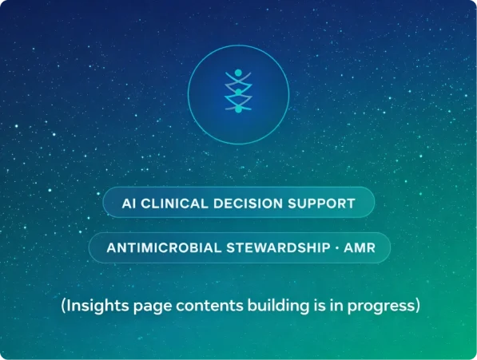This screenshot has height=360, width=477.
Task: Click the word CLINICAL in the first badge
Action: tap(174, 204)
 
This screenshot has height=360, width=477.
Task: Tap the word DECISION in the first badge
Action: tap(248, 204)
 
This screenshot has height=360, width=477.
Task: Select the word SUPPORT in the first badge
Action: tap(321, 204)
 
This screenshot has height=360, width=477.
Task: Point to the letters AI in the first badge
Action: tap(129, 204)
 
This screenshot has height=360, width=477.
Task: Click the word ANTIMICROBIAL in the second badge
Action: tap(164, 247)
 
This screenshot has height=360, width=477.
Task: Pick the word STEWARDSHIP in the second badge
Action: tap(279, 247)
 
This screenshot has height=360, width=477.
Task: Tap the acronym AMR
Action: tap(360, 247)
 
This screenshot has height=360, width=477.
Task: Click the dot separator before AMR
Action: tap(337, 248)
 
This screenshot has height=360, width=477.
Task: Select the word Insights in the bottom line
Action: tap(97, 305)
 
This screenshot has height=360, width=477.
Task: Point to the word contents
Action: tap(209, 306)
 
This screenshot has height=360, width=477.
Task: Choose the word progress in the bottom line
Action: tap(381, 307)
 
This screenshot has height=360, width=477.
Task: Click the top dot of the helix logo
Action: tap(238, 73)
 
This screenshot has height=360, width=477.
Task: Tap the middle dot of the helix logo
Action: tap(238, 92)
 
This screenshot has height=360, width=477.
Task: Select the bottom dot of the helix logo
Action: tap(238, 109)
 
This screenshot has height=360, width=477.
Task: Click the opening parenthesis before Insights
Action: tap(63, 306)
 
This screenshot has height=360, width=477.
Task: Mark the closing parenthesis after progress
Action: tap(418, 306)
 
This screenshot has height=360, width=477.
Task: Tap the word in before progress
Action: tap(336, 305)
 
